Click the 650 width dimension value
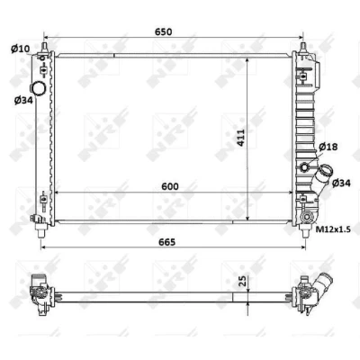[x=163, y=31]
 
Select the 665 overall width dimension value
[x=166, y=242]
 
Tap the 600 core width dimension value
[x=170, y=186]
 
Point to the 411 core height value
[x=240, y=138]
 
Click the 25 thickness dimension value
[x=243, y=281]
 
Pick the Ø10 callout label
[x=21, y=49]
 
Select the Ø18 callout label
[x=328, y=147]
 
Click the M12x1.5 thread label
[x=333, y=229]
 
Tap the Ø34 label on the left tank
[x=23, y=100]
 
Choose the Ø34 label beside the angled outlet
[x=341, y=183]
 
